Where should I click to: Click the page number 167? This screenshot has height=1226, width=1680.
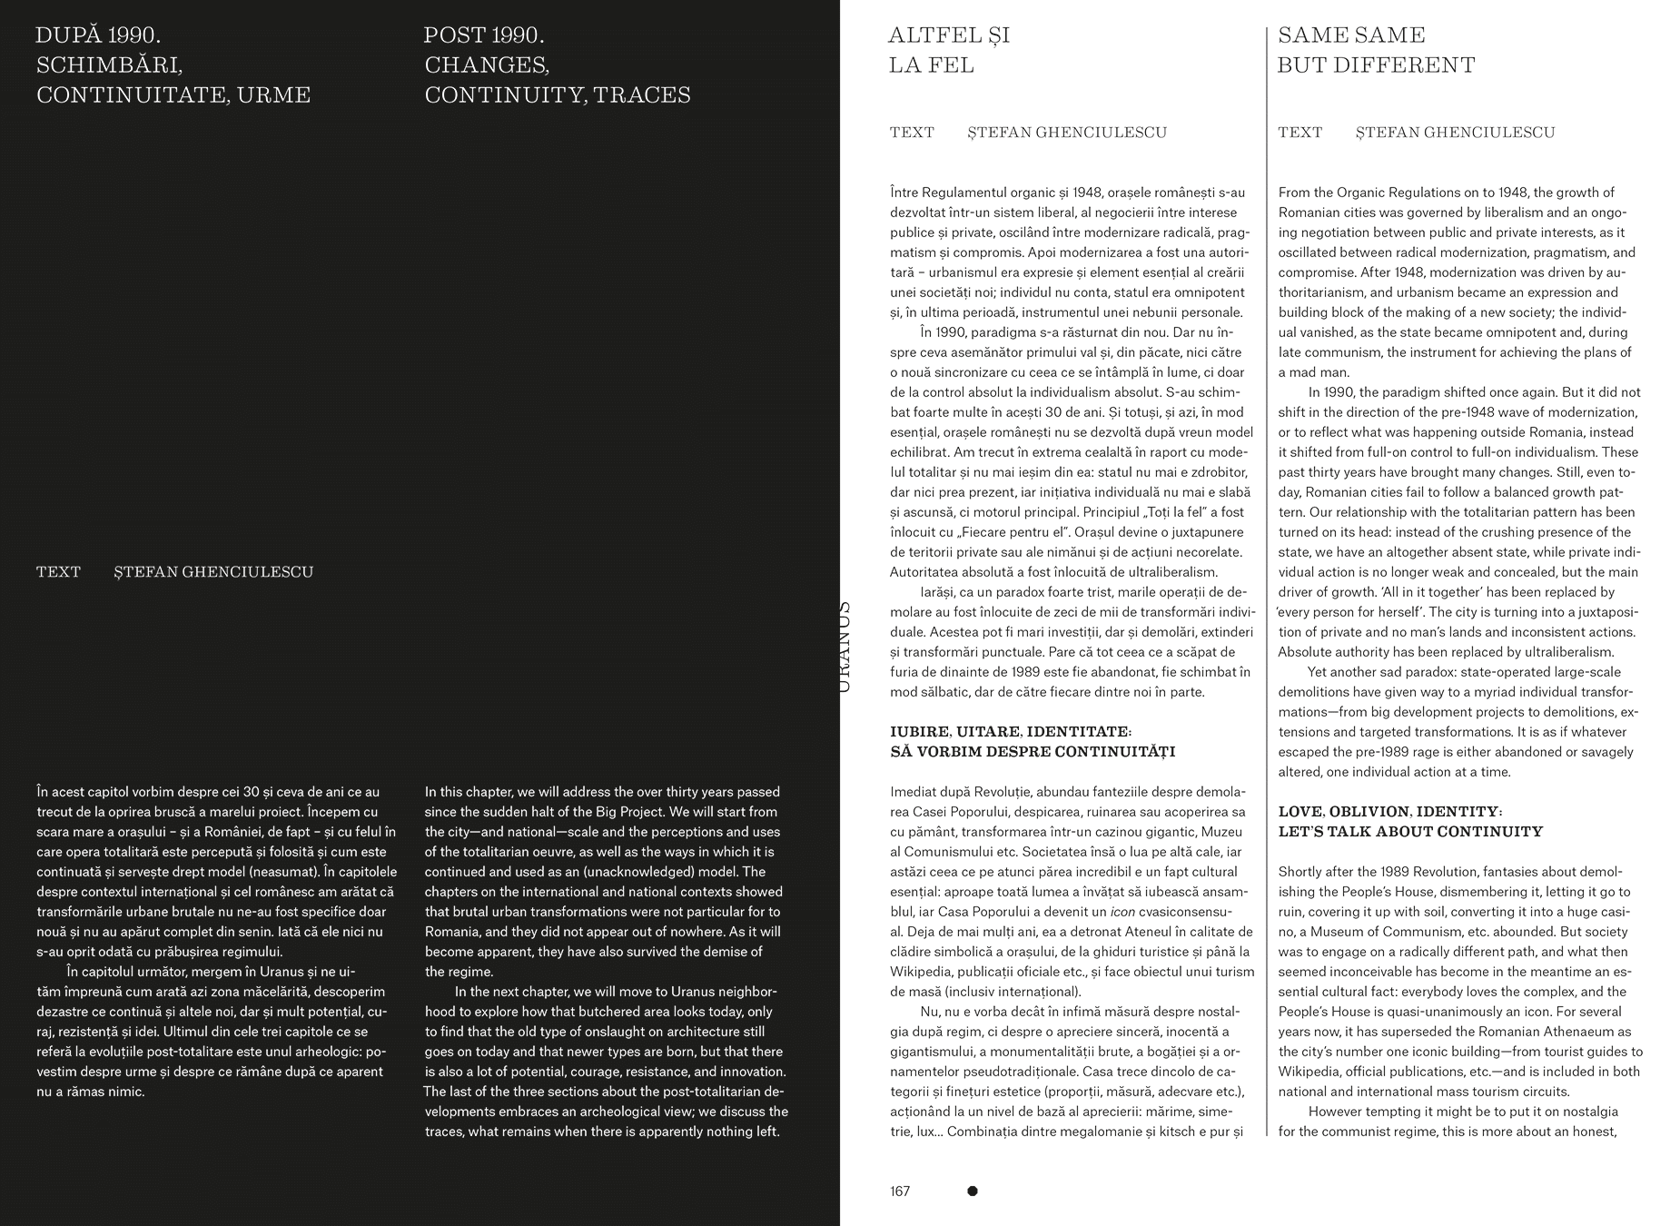[900, 1191]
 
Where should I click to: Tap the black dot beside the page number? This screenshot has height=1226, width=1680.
[973, 1191]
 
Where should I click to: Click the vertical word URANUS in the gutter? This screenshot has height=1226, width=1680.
[844, 647]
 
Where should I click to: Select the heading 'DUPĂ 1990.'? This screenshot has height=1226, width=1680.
[98, 36]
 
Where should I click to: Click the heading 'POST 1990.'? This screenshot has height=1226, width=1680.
[484, 36]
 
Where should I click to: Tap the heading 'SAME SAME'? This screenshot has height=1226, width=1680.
[1351, 35]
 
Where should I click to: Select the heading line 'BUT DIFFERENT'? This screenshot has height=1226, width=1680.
[1376, 65]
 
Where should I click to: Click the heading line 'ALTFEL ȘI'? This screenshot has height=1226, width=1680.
[949, 35]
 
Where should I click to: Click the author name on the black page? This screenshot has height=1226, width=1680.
[213, 572]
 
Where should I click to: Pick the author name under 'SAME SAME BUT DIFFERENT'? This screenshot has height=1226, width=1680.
[1455, 133]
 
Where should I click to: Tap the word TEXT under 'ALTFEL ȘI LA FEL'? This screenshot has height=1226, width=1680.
[912, 133]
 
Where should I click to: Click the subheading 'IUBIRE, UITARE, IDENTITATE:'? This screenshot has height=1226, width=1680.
[1011, 732]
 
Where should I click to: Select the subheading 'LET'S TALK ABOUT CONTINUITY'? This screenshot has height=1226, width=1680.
[1410, 832]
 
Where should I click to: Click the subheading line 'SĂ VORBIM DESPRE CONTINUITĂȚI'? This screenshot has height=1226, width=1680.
[1033, 752]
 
